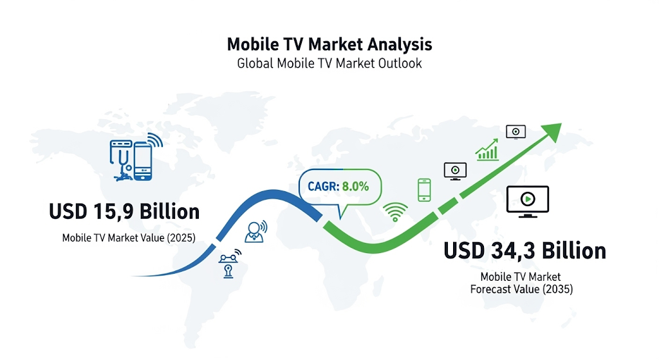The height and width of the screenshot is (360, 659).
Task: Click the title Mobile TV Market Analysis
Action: point(329,44)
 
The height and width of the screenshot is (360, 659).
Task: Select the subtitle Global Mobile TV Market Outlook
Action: point(329,64)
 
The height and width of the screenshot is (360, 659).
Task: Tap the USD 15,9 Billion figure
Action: point(124,211)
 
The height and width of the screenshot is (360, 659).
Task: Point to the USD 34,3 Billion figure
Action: point(525,251)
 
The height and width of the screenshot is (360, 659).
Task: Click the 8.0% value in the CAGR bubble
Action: point(355,186)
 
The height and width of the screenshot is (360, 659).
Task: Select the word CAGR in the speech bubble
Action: point(323,186)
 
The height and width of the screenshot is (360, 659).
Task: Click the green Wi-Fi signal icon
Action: point(395,211)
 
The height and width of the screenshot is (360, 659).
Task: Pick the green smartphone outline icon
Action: point(424,190)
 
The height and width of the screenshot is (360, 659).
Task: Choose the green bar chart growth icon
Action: point(487,150)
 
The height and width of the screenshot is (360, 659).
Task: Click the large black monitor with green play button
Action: point(528,202)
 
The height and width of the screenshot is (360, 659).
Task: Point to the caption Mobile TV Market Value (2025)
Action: point(129,238)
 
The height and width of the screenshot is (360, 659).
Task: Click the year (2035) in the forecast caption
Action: point(558,289)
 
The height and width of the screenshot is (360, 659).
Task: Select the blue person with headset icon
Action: point(255,231)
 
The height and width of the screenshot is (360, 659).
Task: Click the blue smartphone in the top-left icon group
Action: point(143,162)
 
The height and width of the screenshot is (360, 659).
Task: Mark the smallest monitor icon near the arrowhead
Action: point(515,132)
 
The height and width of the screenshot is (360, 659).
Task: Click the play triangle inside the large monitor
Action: point(528,198)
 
